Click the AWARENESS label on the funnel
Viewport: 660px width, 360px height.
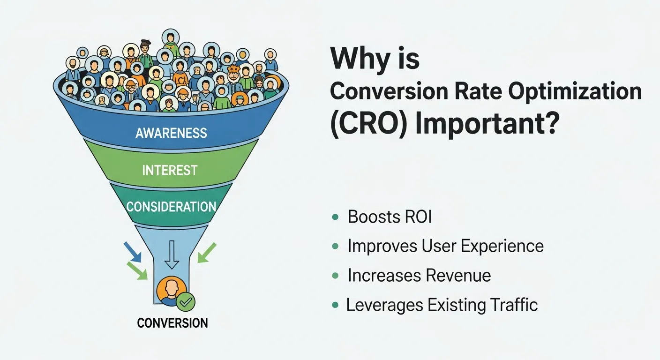(171, 133)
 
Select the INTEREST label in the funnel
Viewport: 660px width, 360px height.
(170, 170)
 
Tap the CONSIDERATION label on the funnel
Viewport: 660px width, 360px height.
(171, 207)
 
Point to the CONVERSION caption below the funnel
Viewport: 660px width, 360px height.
(172, 323)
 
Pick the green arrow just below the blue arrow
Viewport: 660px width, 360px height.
(137, 270)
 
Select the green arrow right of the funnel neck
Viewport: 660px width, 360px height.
(206, 252)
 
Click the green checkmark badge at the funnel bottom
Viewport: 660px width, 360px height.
(186, 302)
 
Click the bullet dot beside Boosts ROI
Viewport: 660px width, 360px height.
(335, 217)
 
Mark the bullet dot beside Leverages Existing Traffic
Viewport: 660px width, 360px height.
(335, 305)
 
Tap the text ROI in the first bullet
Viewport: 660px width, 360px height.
(416, 217)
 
